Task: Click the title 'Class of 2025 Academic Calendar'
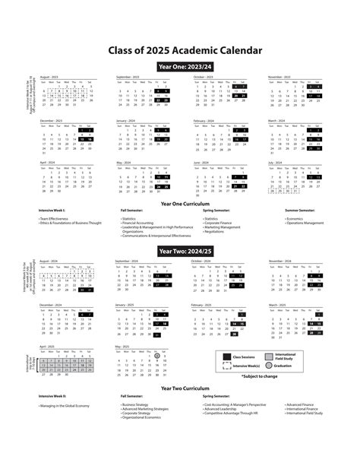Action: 179,51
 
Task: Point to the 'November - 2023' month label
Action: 281,77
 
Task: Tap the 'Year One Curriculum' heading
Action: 179,204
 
